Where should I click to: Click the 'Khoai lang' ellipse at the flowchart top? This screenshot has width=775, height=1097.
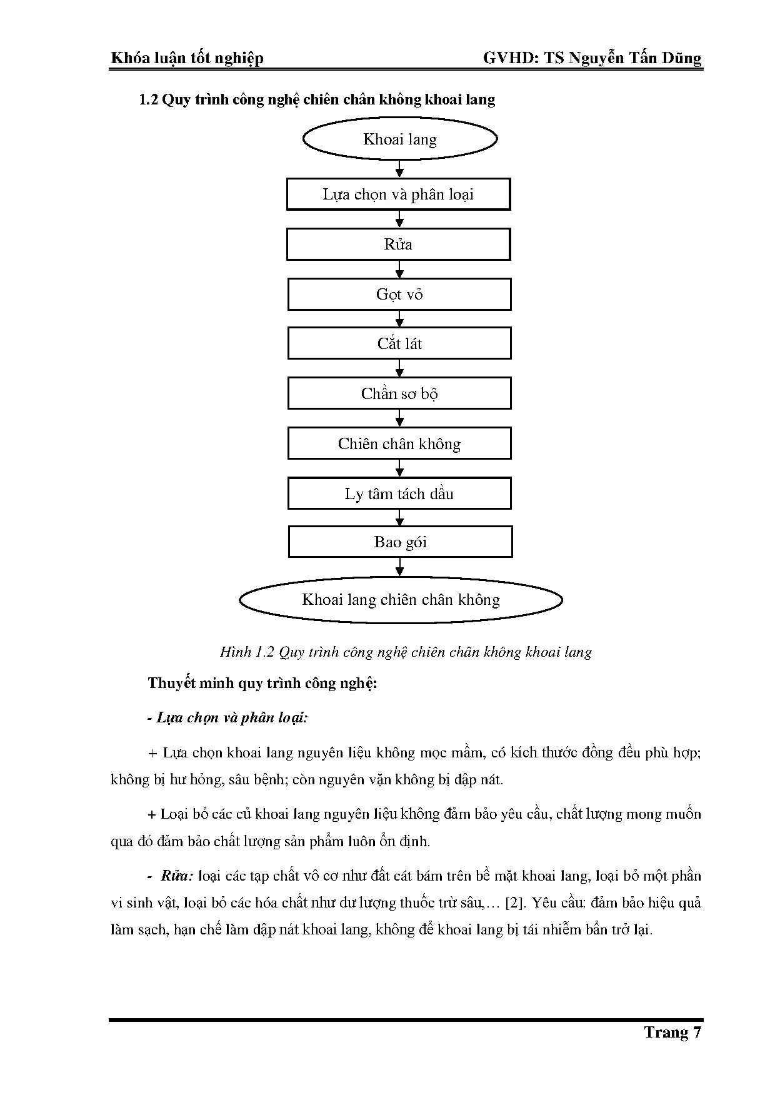(400, 139)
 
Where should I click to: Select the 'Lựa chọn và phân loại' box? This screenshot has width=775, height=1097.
(399, 195)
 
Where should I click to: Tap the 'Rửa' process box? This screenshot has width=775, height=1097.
(399, 244)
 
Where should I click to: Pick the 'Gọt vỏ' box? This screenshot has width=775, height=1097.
(399, 294)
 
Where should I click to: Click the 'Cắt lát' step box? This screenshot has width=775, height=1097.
(399, 343)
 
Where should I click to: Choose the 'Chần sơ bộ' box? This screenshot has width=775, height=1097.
(399, 393)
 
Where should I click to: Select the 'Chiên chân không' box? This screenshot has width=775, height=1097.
(399, 443)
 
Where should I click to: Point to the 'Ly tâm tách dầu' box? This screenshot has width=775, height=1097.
(399, 493)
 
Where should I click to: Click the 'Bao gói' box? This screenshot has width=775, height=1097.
(400, 542)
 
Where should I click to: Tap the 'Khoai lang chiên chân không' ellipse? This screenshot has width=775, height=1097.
(401, 600)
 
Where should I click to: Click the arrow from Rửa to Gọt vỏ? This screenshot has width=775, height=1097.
(400, 270)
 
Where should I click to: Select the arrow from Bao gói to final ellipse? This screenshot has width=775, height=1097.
(400, 567)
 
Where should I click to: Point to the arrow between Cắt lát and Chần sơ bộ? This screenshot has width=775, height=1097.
(400, 368)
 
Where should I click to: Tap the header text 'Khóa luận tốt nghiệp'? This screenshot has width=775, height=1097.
(187, 58)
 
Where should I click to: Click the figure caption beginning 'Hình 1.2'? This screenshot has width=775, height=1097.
(406, 652)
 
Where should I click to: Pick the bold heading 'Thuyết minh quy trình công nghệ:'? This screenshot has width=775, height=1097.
(262, 682)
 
